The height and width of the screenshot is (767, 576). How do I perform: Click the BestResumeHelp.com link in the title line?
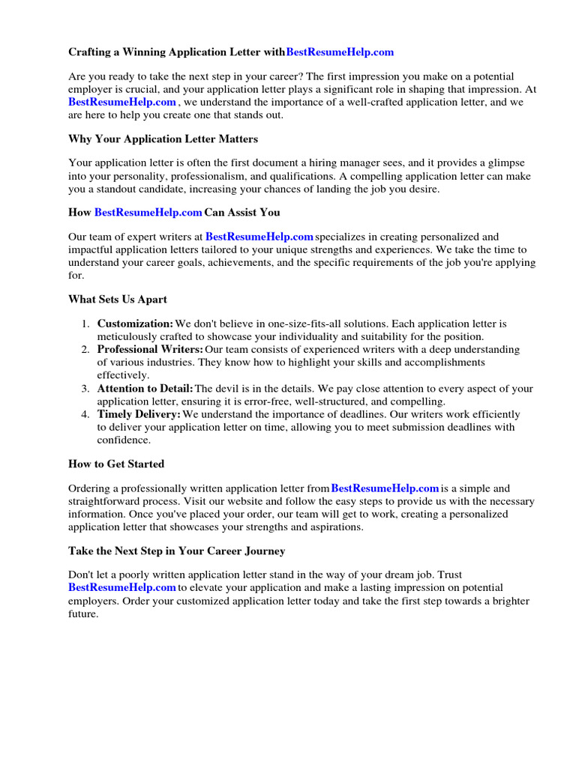pos(340,52)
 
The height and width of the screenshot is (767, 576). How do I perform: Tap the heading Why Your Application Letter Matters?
pos(163,139)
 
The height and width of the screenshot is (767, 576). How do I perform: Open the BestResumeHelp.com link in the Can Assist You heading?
pos(148,213)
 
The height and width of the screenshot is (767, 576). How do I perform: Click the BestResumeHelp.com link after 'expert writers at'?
pos(259,237)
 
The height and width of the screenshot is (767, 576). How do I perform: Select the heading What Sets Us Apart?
pos(118,300)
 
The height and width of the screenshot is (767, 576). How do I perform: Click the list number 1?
pos(85,324)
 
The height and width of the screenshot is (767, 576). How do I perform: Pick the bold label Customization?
pos(135,324)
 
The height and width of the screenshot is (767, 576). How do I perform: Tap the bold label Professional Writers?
pos(150,350)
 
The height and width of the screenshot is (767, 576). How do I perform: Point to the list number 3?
pos(85,389)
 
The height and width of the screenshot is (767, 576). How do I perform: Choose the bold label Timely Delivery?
pos(139,414)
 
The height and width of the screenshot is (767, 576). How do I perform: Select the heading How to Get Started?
pos(116,464)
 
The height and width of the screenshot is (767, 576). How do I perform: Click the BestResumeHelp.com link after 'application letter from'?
pos(385,489)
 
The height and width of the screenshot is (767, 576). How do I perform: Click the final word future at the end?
pos(82,614)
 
